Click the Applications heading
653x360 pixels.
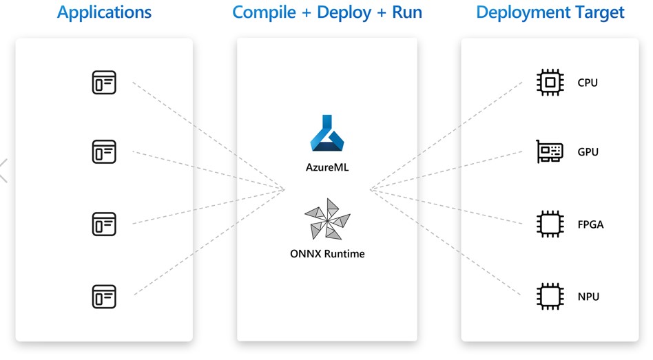104,12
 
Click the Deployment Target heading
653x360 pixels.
550,12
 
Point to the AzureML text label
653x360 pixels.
327,167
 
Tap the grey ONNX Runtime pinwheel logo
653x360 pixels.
327,220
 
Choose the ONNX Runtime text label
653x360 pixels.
327,253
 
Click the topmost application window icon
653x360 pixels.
104,83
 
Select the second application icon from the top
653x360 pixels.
104,151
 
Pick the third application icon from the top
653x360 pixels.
104,224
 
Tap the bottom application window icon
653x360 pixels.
104,297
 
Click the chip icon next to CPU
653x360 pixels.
550,83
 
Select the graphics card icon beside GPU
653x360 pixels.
550,151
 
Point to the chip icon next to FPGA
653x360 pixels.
550,224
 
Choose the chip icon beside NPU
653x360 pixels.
550,297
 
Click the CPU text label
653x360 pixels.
588,83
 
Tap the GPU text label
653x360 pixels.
588,152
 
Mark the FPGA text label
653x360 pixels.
590,224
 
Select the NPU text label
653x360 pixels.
588,297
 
